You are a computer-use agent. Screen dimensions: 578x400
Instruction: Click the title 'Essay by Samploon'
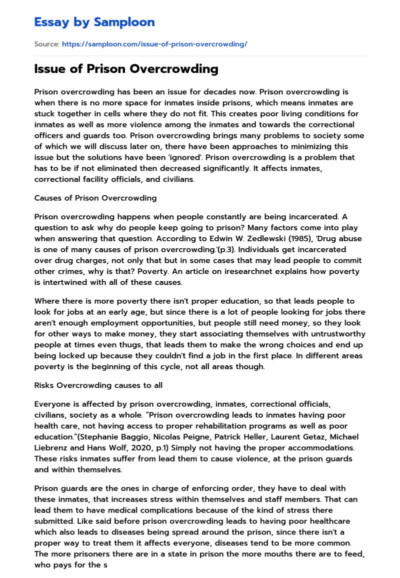pyautogui.click(x=94, y=22)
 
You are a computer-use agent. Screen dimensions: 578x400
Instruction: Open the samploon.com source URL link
pyautogui.click(x=154, y=44)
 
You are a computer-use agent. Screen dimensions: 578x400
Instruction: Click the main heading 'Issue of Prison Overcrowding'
pyautogui.click(x=126, y=69)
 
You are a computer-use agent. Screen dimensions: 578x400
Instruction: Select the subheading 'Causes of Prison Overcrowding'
pyautogui.click(x=95, y=198)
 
